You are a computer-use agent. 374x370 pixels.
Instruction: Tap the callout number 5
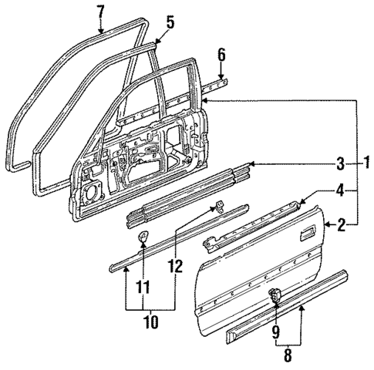pos(170,22)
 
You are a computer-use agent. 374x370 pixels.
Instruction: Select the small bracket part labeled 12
pos(218,205)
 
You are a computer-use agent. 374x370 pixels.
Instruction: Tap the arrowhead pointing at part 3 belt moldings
pos(251,163)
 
